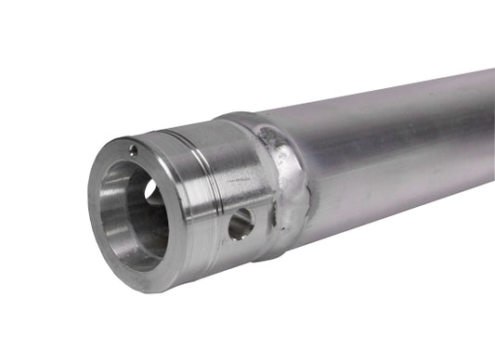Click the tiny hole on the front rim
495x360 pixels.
click(x=133, y=150)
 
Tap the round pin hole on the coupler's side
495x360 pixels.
click(x=241, y=222)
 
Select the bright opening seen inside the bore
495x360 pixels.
click(x=151, y=190)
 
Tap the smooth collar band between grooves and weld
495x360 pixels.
click(x=246, y=158)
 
